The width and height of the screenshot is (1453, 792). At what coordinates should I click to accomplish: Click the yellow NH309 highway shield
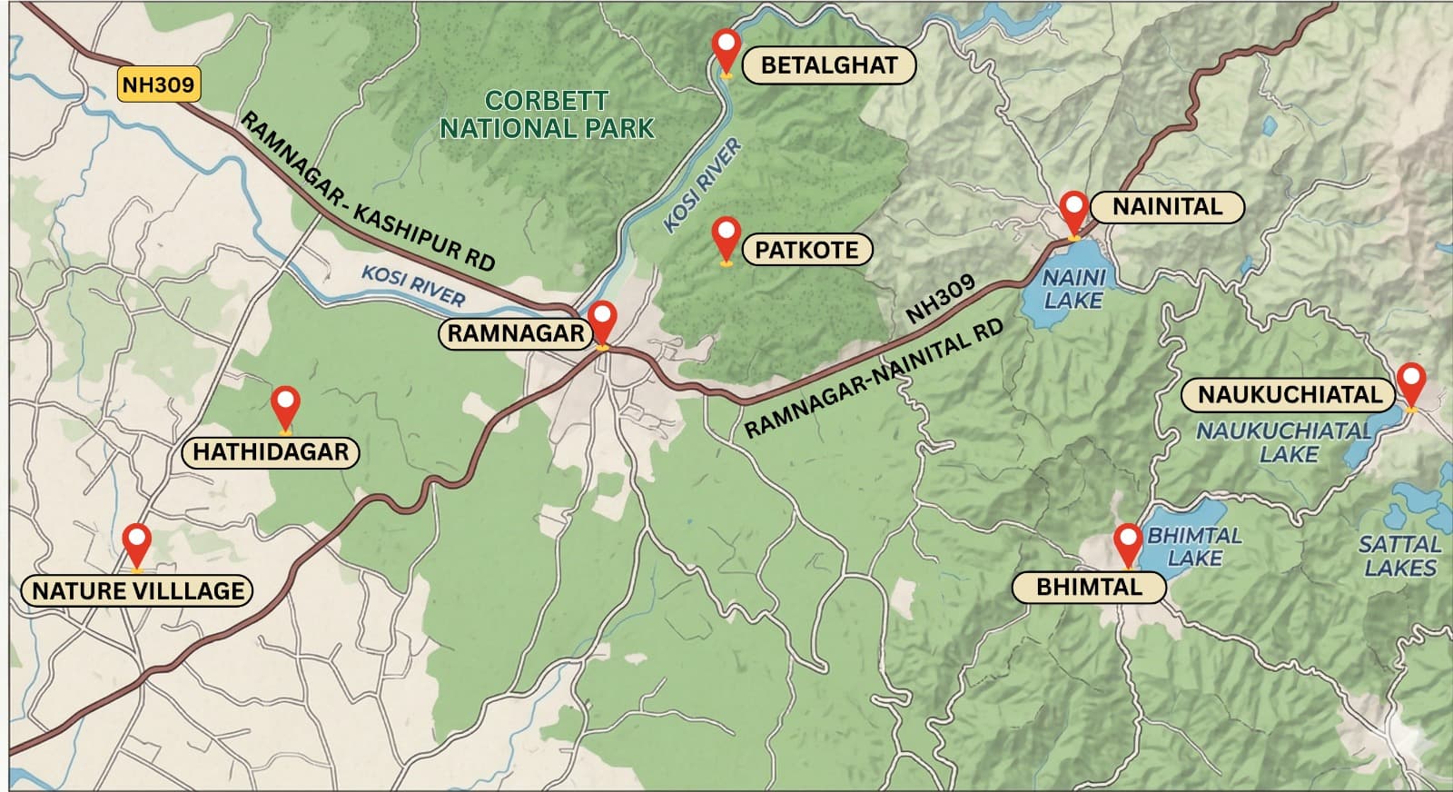click(158, 84)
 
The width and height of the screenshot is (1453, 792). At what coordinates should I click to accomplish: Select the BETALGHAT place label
click(828, 65)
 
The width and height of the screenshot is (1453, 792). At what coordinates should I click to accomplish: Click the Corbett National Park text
click(547, 114)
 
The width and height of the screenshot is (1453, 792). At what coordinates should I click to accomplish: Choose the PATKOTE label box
click(806, 250)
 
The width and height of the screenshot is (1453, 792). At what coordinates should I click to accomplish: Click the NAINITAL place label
click(1167, 206)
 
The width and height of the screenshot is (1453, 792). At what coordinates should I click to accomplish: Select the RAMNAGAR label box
click(516, 333)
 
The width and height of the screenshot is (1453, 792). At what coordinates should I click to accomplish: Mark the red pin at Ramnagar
click(602, 322)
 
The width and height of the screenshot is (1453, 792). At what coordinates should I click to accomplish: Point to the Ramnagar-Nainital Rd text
click(874, 377)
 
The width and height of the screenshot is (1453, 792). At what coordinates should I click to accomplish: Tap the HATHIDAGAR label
click(271, 451)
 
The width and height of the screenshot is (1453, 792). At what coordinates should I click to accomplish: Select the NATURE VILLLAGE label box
click(138, 590)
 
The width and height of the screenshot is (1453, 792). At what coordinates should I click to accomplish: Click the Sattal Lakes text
click(1399, 556)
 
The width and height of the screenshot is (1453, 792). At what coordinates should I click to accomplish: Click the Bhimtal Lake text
click(1194, 547)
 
